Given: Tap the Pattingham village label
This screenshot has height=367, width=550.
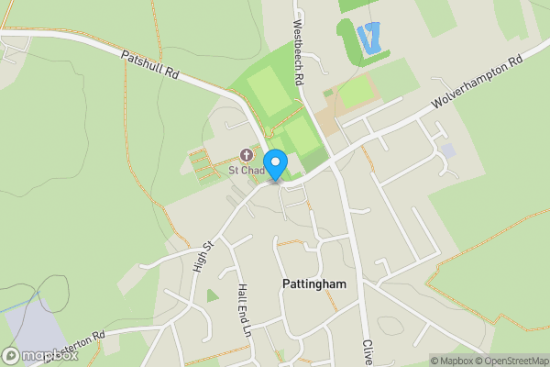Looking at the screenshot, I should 313,284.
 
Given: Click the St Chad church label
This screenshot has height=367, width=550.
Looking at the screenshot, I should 246,170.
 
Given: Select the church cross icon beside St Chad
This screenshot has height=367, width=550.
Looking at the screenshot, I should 246,154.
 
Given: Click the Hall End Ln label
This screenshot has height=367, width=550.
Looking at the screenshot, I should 243,309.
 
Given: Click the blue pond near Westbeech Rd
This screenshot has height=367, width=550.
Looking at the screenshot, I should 369,38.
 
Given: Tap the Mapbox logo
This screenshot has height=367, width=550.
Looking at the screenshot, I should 40,355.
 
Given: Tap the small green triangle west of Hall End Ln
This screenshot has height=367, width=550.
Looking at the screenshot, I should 213,295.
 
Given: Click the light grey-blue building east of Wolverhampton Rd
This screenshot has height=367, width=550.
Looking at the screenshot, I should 446,150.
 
